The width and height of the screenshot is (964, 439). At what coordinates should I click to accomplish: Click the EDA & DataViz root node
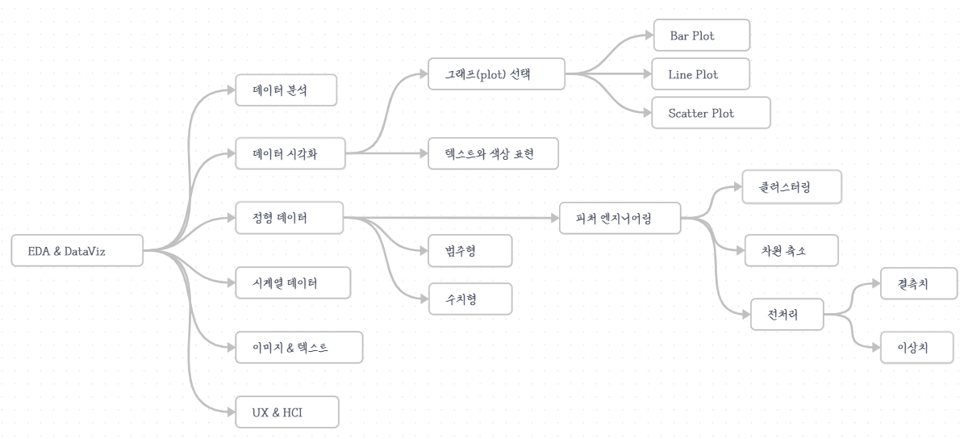pyautogui.click(x=77, y=251)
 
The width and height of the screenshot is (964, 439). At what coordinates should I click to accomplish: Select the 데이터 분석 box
pyautogui.click(x=286, y=90)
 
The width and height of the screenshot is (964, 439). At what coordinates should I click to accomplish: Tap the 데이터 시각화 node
pyautogui.click(x=290, y=153)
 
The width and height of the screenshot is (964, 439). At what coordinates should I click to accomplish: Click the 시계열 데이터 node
pyautogui.click(x=292, y=282)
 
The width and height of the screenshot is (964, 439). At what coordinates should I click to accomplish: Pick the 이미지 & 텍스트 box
pyautogui.click(x=298, y=347)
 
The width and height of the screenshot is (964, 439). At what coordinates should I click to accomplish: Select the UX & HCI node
pyautogui.click(x=286, y=412)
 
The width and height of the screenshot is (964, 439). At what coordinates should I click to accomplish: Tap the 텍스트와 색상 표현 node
pyautogui.click(x=493, y=153)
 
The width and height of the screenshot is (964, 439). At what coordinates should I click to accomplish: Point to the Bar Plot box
pyautogui.click(x=701, y=36)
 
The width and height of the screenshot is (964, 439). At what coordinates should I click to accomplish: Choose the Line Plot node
pyautogui.click(x=701, y=74)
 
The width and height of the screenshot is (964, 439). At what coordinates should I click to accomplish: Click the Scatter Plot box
pyautogui.click(x=710, y=113)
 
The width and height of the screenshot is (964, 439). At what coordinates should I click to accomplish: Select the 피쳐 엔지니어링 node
pyautogui.click(x=620, y=218)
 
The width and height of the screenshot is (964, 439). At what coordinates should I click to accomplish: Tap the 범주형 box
pyautogui.click(x=469, y=251)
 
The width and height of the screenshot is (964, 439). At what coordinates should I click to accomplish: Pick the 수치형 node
pyautogui.click(x=469, y=298)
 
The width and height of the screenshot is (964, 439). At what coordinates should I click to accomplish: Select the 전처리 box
pyautogui.click(x=786, y=314)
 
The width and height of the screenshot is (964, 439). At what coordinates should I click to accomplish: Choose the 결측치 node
pyautogui.click(x=918, y=283)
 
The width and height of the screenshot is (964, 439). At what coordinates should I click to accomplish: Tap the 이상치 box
pyautogui.click(x=918, y=348)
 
